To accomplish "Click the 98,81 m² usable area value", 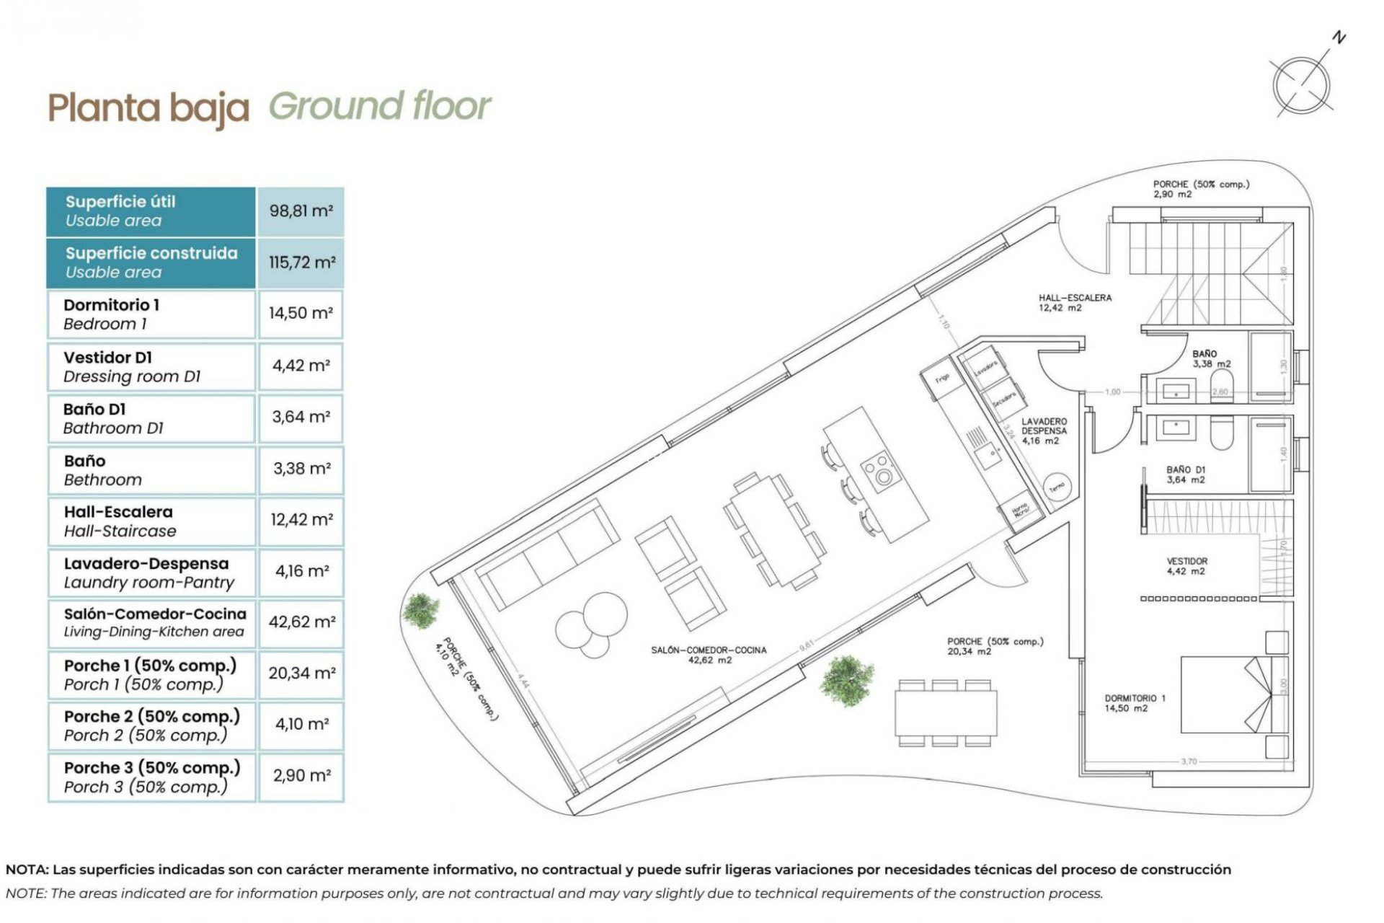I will [x=301, y=211].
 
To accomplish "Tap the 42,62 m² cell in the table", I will [x=301, y=622].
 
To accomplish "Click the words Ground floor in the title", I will [x=380, y=106].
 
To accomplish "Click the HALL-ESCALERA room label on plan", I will [x=1074, y=302].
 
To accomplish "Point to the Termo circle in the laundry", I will [x=1056, y=487].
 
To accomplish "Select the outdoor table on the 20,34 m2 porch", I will [x=946, y=712].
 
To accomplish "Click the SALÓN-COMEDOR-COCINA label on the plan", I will [x=709, y=650].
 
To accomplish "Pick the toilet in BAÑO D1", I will [x=1221, y=433].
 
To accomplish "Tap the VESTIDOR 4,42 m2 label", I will [x=1186, y=566].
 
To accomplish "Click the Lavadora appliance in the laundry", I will [x=985, y=368].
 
